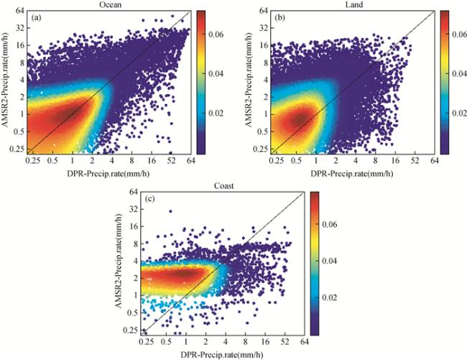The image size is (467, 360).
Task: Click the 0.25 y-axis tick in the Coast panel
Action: click(130, 330)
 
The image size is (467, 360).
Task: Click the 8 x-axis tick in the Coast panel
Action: click(247, 343)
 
